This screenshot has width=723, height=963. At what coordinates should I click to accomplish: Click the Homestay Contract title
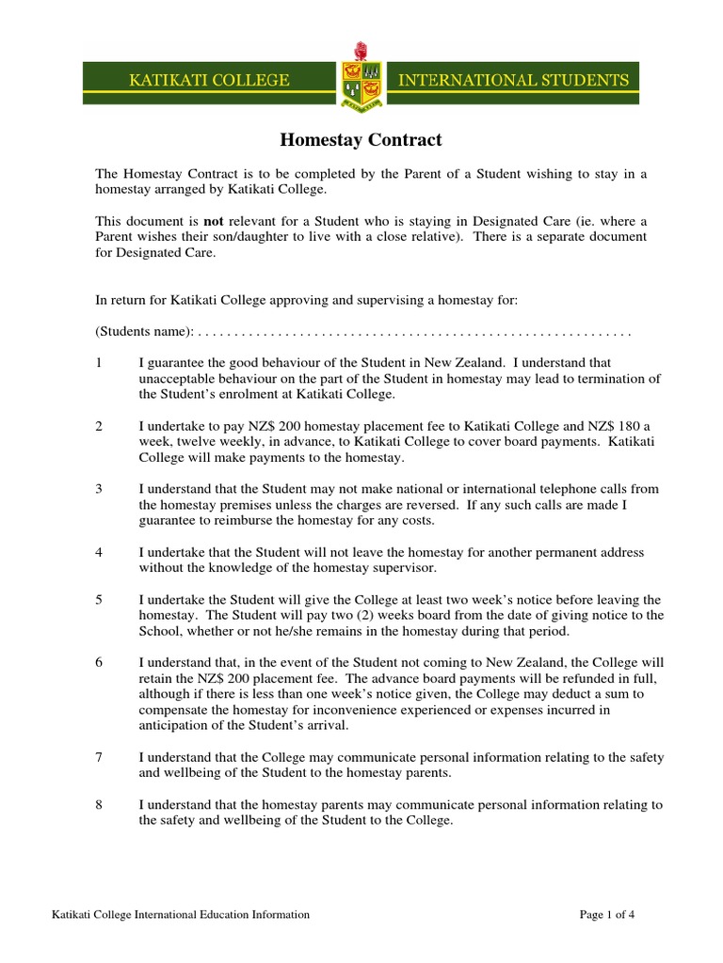361,140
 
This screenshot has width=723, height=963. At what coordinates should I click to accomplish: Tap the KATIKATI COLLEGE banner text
209,81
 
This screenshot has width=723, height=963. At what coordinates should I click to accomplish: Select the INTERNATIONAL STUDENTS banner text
513,81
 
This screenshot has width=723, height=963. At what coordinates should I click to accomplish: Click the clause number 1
99,362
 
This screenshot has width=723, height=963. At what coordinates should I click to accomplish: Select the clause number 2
99,426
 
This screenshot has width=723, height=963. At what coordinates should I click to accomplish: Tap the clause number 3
99,489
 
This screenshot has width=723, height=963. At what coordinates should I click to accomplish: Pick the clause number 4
99,552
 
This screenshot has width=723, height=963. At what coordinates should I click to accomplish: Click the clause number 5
99,599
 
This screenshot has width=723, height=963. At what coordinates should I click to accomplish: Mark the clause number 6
99,663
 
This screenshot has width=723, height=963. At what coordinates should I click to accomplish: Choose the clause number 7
99,757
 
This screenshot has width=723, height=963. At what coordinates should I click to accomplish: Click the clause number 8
99,804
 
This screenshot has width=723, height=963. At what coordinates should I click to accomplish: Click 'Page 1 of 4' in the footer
607,913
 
